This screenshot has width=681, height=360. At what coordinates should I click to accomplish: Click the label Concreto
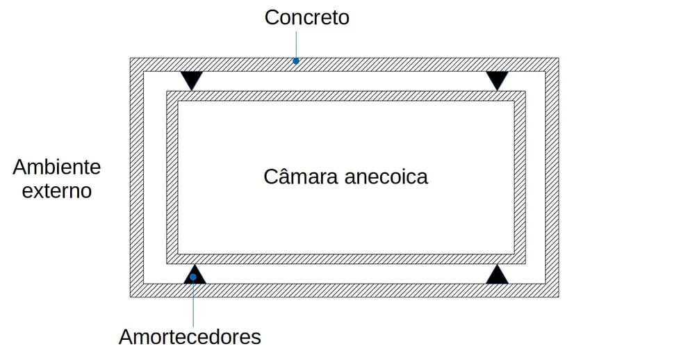[306, 17]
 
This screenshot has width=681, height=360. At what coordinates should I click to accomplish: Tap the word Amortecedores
[190, 337]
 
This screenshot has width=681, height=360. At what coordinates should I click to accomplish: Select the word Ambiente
[57, 167]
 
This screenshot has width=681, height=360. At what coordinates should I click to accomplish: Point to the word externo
[57, 190]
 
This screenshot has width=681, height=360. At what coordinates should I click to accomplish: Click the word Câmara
[300, 177]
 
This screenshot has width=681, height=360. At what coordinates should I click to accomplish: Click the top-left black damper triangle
[190, 79]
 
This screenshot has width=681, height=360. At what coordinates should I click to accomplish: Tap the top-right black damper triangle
[497, 79]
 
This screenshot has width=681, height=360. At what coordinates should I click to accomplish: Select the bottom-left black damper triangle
[195, 275]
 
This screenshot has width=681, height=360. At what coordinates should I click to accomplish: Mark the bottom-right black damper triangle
[497, 275]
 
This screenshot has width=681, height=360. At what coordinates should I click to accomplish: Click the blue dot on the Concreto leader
[296, 61]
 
